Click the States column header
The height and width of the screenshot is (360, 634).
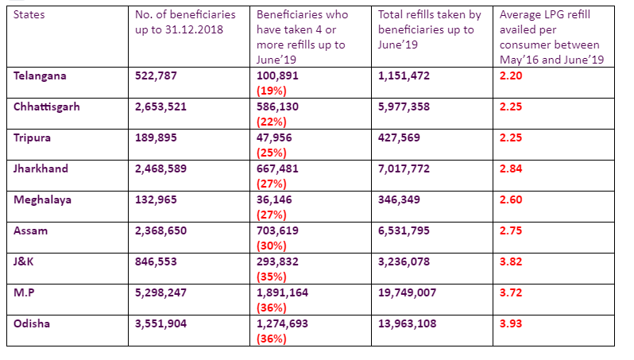click(29, 14)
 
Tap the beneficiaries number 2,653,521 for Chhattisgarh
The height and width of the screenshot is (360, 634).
click(160, 106)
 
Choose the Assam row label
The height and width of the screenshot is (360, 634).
click(32, 230)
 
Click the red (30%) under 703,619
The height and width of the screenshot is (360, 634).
click(271, 246)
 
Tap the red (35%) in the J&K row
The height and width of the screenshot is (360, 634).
click(271, 277)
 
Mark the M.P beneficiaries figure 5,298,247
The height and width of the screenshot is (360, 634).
click(160, 292)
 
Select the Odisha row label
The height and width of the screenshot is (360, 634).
click(33, 323)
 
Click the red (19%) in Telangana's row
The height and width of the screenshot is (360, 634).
click(271, 91)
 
